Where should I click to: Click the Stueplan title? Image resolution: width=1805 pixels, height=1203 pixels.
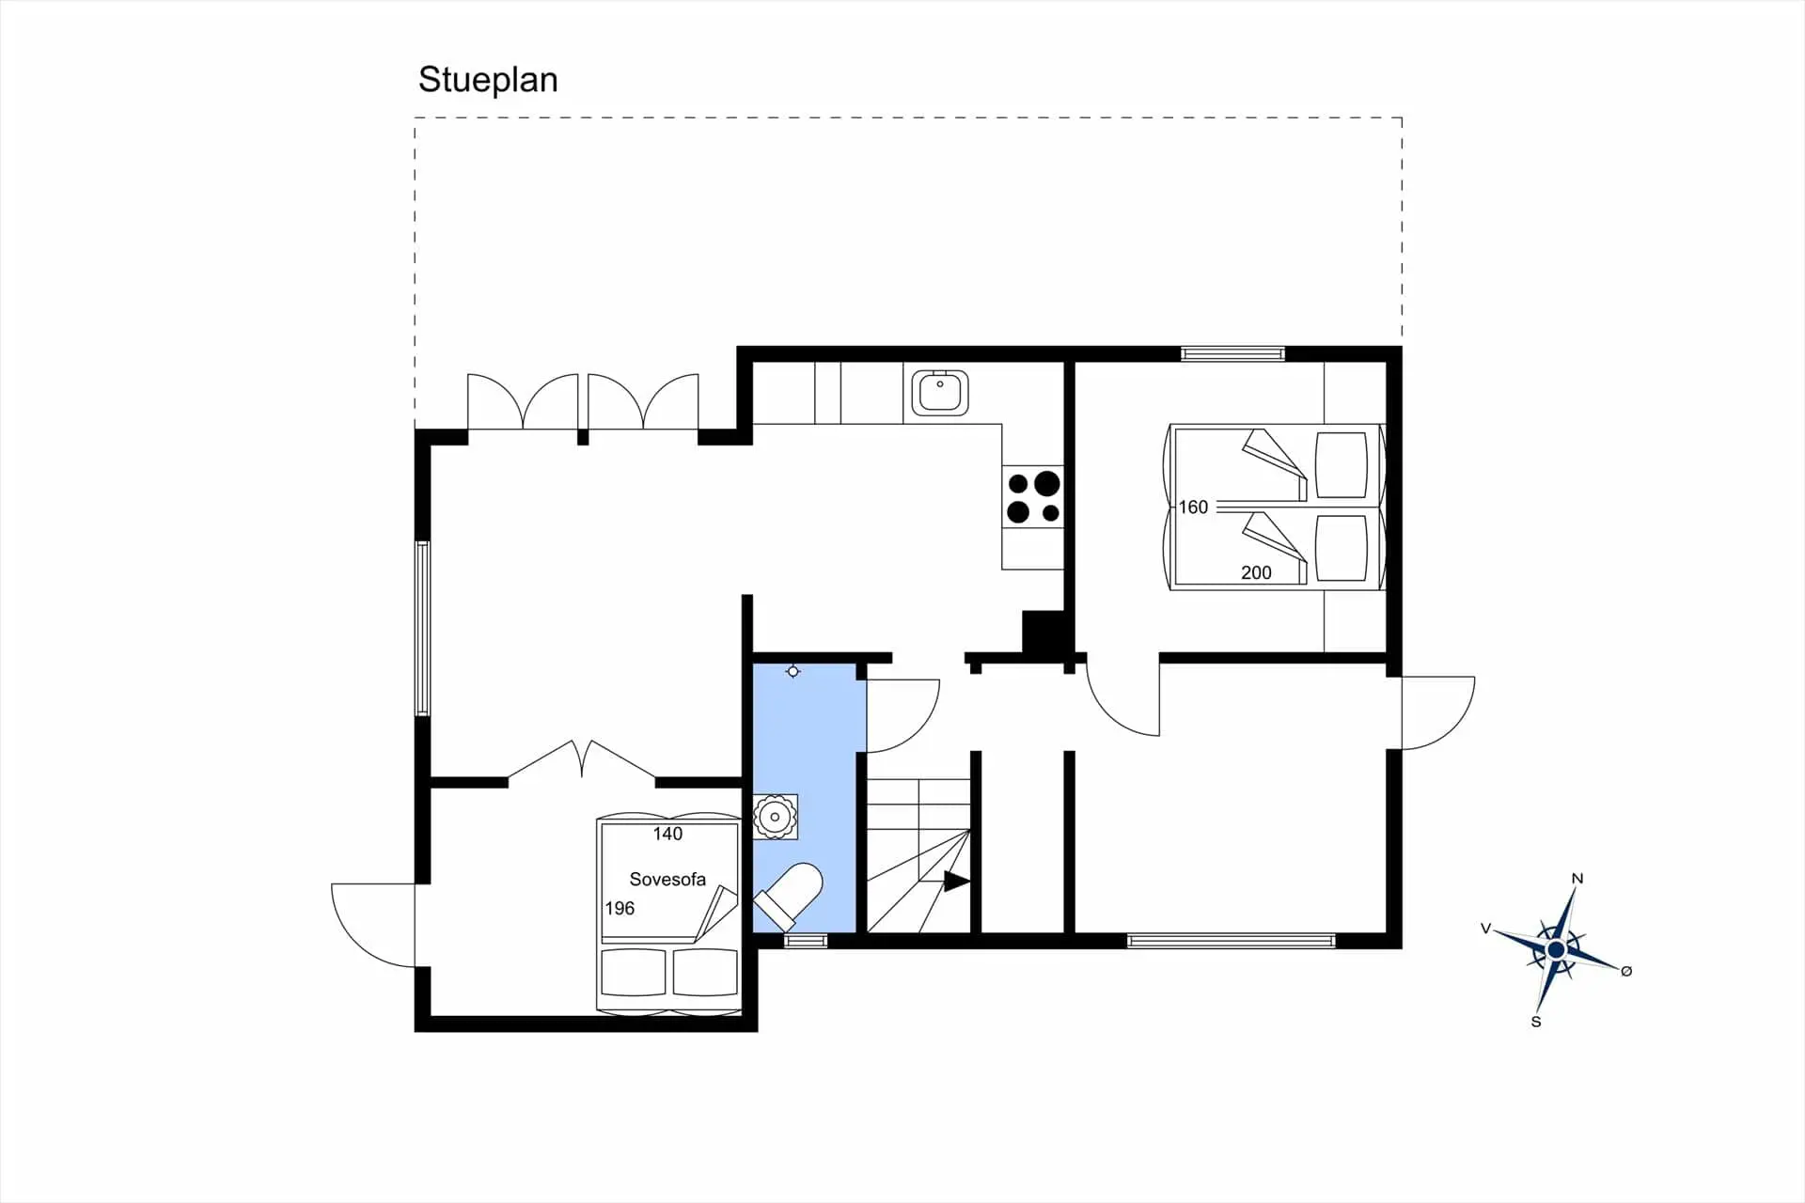pos(488,81)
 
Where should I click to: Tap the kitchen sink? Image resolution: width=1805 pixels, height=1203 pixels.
pos(940,393)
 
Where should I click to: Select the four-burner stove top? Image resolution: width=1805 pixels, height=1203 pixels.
pos(1033,497)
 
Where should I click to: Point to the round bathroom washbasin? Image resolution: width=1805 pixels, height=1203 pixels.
pos(776,817)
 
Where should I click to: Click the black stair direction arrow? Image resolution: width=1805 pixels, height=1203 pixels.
pos(956,882)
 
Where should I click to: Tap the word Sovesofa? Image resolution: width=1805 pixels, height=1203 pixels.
pos(667,880)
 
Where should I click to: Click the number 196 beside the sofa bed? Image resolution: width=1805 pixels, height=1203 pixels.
pos(620,908)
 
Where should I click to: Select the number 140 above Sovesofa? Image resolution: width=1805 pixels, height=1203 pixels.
pos(667,834)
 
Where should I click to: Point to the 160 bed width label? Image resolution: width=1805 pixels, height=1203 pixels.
pos(1193,508)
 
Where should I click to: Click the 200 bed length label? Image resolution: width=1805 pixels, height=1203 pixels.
pos(1256,572)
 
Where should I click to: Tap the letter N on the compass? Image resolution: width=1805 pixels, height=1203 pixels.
pos(1577,879)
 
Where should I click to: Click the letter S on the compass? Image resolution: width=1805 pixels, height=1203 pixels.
pos(1536,1022)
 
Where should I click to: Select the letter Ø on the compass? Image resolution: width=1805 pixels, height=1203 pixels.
pos(1626,971)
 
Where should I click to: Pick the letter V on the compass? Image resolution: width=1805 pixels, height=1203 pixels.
pos(1486,929)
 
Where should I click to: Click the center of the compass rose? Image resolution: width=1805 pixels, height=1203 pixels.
pos(1556,950)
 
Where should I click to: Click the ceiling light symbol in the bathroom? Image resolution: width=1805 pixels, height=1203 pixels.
pos(793,671)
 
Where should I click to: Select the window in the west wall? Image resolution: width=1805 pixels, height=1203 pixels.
pos(423,629)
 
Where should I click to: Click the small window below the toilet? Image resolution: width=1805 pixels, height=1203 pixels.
pos(806,941)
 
